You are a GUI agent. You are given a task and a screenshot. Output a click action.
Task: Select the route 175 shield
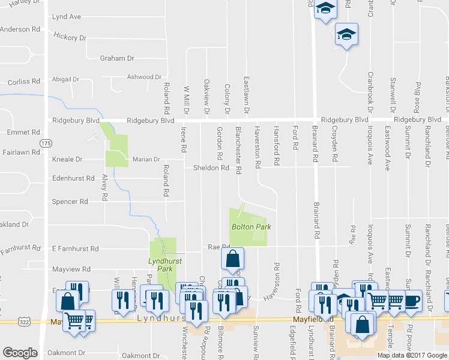(46, 143)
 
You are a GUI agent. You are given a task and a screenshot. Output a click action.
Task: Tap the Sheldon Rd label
(211, 168)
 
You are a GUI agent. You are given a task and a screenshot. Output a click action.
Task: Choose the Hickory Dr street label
(70, 38)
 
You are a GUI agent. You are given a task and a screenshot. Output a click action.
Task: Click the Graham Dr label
(117, 58)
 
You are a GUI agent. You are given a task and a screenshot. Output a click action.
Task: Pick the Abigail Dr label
(66, 79)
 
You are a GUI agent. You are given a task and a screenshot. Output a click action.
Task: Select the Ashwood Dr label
(145, 77)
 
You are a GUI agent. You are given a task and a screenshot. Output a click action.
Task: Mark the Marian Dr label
(146, 160)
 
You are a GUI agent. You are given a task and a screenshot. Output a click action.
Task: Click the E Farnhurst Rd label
(75, 248)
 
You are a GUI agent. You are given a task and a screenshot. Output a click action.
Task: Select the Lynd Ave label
(66, 17)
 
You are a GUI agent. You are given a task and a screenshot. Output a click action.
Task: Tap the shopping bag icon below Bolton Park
(233, 259)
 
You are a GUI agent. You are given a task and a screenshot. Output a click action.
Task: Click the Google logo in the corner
(20, 353)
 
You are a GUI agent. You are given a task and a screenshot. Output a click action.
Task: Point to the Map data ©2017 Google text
(412, 355)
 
